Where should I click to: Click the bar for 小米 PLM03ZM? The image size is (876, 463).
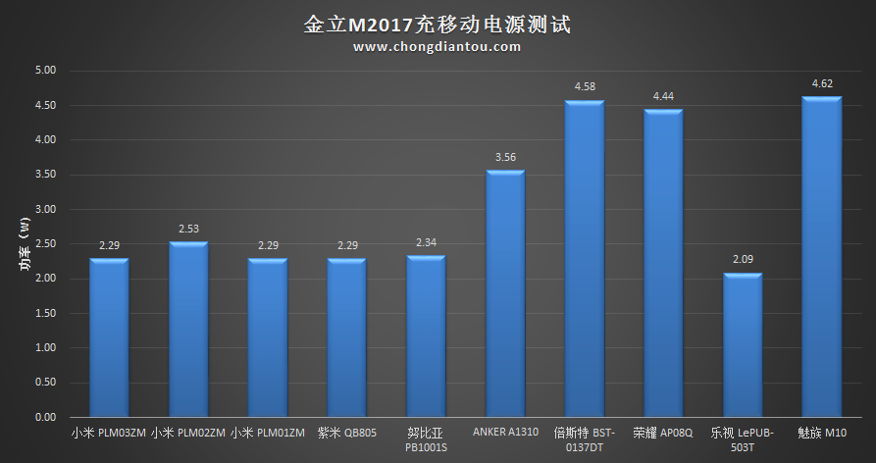tap(109, 337)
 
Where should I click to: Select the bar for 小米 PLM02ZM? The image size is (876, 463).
tap(188, 330)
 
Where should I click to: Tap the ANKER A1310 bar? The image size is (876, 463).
tap(505, 294)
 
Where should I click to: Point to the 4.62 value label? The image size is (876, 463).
tap(822, 84)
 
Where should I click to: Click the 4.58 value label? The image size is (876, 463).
tap(585, 87)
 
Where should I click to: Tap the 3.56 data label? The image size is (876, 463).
tap(505, 157)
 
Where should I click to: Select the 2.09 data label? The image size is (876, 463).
tap(743, 259)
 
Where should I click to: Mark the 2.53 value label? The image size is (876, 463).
tap(188, 229)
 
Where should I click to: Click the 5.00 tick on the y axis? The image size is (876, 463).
tap(46, 71)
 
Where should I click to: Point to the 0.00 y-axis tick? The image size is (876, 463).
tap(46, 417)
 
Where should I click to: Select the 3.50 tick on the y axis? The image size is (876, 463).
tap(46, 175)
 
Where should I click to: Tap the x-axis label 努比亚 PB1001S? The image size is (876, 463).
tap(426, 439)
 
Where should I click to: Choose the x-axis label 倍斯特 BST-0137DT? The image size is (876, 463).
tap(585, 439)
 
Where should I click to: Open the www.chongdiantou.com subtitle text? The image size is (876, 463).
tap(438, 46)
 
